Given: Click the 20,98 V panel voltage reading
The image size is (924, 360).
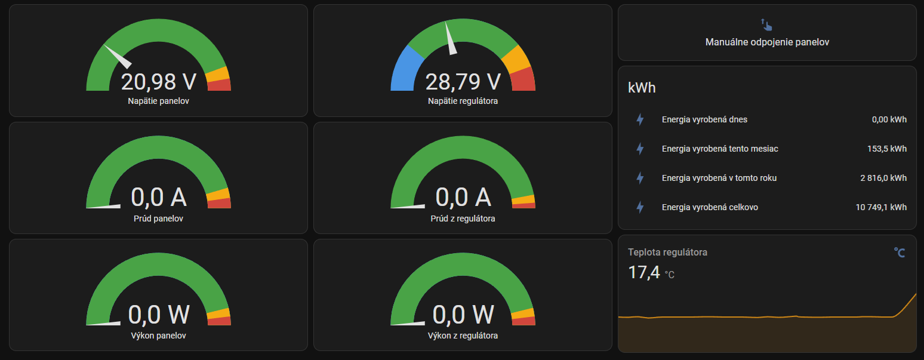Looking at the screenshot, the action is pos(158,82).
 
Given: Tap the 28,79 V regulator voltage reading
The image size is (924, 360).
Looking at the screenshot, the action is pos(463,82).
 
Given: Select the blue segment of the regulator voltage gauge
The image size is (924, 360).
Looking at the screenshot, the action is pos(406,69).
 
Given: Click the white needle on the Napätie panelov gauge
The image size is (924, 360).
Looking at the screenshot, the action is pos(118,57).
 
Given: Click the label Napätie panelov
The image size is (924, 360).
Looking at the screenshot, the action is pos(158,101).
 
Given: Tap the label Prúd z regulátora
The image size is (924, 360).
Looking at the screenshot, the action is pos(463,219).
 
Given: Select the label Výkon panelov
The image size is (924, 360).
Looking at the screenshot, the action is pos(158,336).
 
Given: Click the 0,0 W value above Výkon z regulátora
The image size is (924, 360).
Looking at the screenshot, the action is pos(463,315).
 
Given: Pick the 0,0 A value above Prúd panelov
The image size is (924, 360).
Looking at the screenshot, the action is pos(158,197).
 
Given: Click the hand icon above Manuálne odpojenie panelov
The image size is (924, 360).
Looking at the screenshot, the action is pos(766,24).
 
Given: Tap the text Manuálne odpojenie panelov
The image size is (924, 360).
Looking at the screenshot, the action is pos(767,42).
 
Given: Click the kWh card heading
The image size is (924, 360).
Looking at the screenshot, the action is pos(642,88).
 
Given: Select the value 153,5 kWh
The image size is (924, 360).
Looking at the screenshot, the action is pos(887,149).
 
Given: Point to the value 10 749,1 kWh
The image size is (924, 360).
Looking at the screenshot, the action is pos(881,207).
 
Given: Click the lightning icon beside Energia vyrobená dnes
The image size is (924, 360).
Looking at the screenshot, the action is pos(640,119).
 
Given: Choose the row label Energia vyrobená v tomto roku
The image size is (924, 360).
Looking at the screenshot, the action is pos(719,178).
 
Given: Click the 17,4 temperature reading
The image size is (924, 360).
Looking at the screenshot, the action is pos(643,273).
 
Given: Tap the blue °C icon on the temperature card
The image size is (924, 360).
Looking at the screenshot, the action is pos(900,253).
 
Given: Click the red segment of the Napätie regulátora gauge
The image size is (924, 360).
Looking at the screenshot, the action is pos(523,79).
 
